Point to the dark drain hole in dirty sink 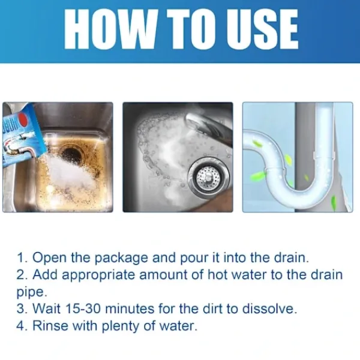pyautogui.click(x=71, y=152)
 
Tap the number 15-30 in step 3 pyautogui.click(x=83, y=308)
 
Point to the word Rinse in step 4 pyautogui.click(x=50, y=326)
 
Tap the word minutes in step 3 pyautogui.click(x=130, y=308)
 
